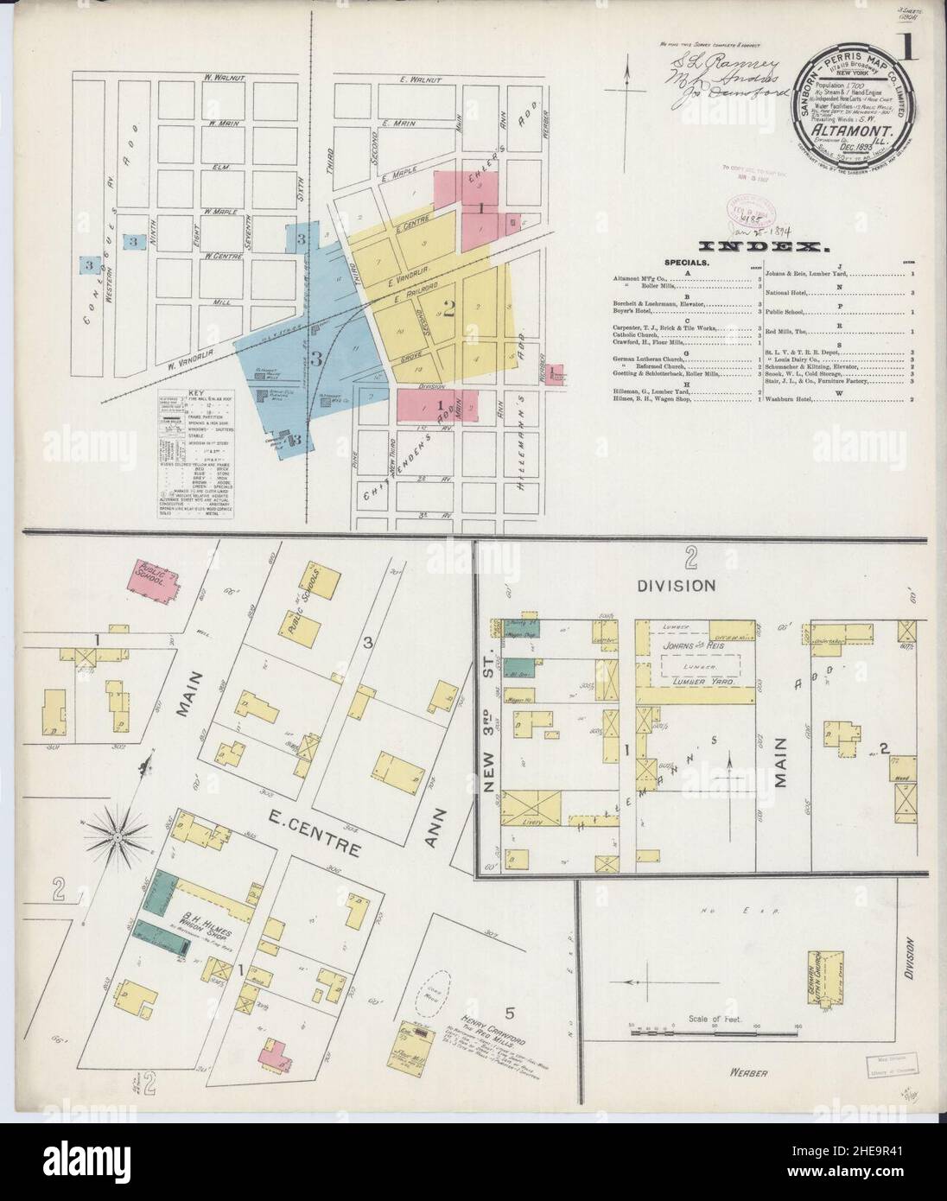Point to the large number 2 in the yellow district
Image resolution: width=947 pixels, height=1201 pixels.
point(449,305)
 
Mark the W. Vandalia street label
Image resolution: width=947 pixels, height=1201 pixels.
point(204,366)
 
